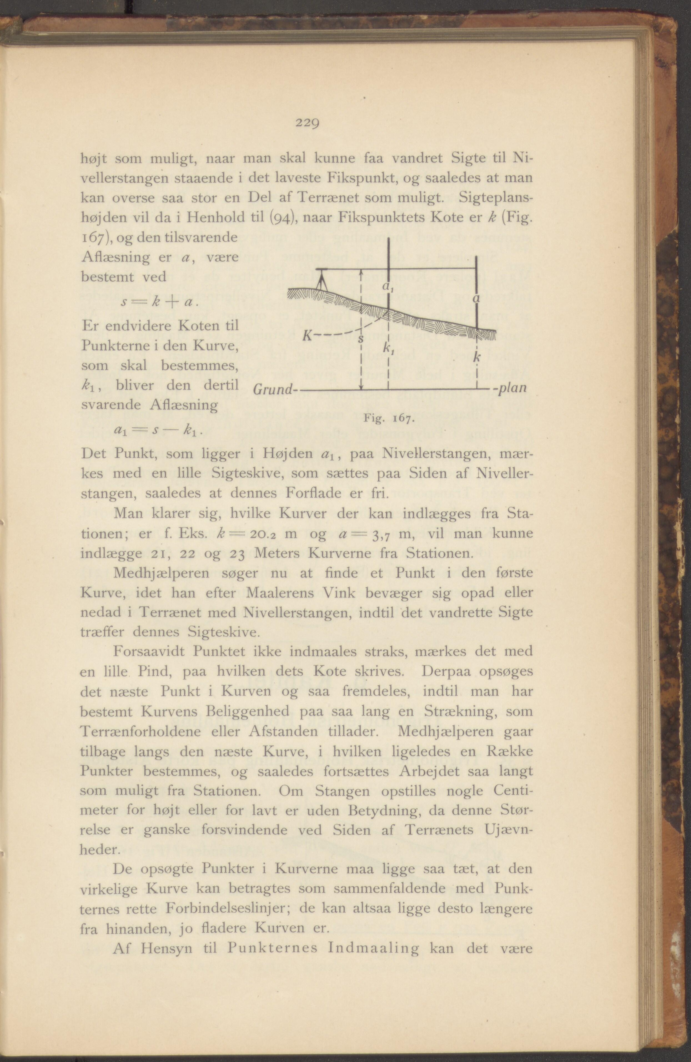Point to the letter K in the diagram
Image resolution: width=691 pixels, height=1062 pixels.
308,335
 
